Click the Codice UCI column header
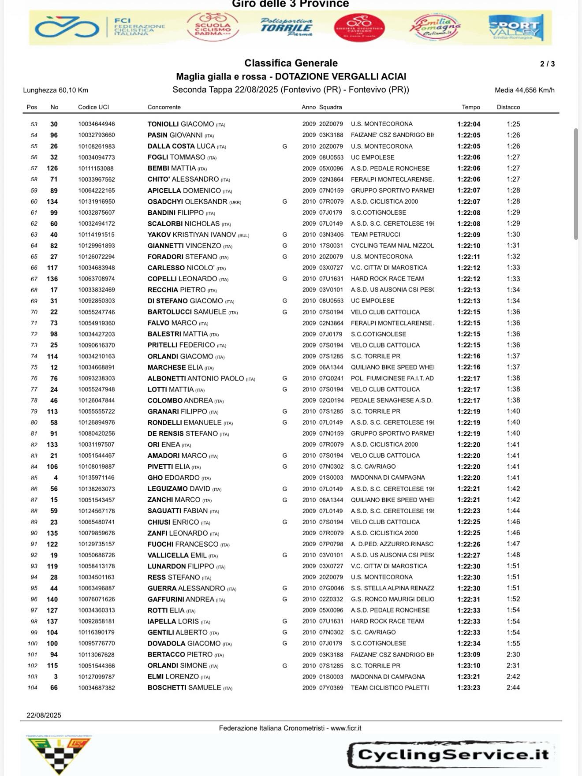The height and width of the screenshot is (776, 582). (93, 107)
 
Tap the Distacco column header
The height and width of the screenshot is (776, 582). (508, 107)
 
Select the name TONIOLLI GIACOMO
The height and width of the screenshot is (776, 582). (181, 124)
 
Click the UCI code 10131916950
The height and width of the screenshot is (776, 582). (97, 201)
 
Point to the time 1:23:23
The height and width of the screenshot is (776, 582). (469, 687)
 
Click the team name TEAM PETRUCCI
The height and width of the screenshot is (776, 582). (375, 235)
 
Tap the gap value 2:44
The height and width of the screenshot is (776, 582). (513, 687)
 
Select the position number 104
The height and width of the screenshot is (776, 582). (33, 688)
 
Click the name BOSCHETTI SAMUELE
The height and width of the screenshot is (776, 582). (184, 687)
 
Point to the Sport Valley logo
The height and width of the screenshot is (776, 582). (516, 28)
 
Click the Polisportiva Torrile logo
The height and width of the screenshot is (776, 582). (286, 27)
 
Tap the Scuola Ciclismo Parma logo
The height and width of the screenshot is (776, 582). (213, 27)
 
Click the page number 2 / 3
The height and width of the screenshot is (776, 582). (547, 64)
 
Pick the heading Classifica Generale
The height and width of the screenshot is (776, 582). (291, 63)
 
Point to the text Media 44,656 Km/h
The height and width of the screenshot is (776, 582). (524, 90)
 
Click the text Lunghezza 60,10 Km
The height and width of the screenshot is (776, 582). (56, 90)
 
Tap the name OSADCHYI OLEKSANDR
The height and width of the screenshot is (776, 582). (187, 201)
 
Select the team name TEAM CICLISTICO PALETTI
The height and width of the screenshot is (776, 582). (390, 687)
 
